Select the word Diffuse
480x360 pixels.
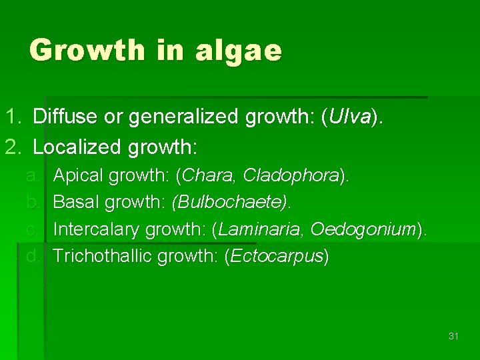63,117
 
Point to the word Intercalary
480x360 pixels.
96,230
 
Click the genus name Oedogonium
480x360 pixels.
363,230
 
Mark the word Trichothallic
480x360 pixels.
103,257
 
